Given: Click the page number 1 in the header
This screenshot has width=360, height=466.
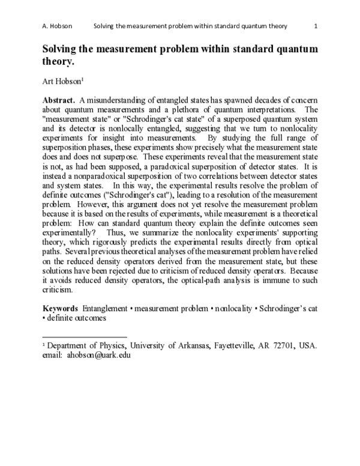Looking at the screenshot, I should click(316, 26).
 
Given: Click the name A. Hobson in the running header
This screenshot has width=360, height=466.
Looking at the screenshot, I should click(58, 26).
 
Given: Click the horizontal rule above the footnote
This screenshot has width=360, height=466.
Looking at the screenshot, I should click(85, 337).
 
